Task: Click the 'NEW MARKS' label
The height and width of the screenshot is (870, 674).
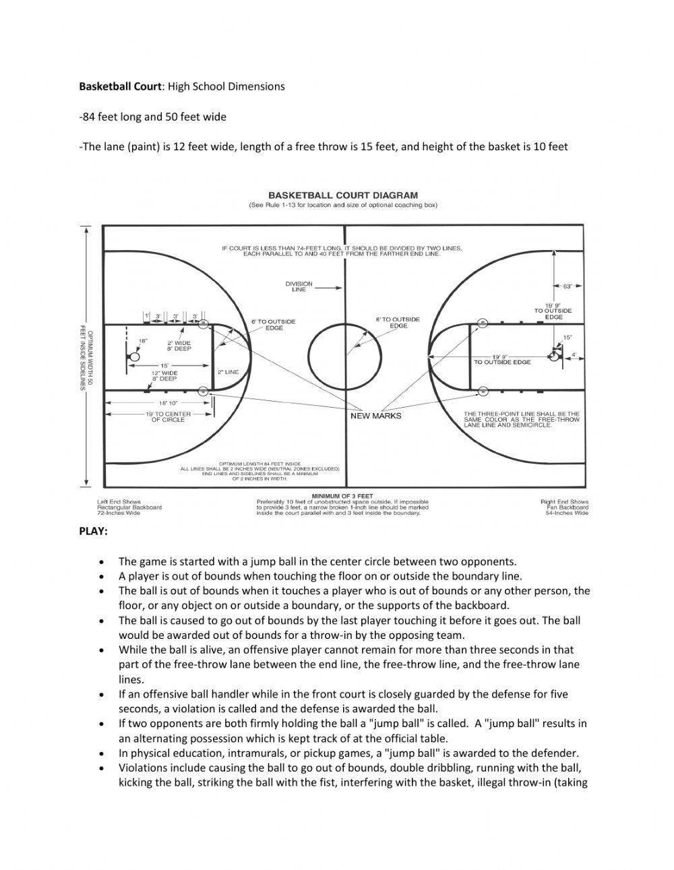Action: pos(376,416)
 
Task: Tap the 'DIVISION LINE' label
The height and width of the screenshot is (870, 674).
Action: pos(299,286)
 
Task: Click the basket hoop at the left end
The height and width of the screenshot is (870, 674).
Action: pos(133,356)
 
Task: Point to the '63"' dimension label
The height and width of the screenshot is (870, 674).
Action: pos(568,286)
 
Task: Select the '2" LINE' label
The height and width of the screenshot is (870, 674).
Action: pos(228,372)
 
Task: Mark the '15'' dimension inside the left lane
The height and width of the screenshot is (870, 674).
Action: pos(164,365)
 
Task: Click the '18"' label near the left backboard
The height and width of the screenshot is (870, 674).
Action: pos(143,341)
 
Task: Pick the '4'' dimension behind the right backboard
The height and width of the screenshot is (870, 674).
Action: pos(574,354)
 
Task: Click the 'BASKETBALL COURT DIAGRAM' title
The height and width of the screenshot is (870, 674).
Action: pos(343,196)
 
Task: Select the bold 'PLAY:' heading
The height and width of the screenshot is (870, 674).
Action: pos(94,531)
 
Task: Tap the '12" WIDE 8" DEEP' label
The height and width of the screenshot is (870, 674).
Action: pos(164,375)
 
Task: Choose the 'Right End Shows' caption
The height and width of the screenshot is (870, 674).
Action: pos(564,501)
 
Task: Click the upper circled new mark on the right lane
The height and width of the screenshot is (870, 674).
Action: pos(482,323)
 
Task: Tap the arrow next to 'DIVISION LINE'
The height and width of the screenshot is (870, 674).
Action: pos(328,287)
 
